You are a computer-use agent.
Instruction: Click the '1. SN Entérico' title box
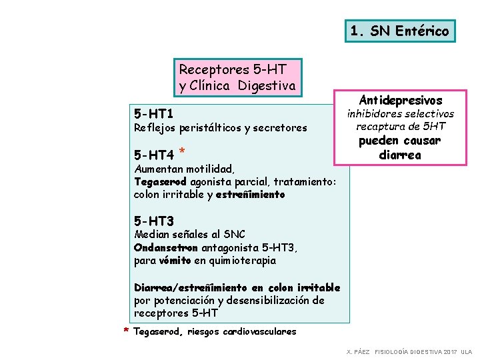point(401,31)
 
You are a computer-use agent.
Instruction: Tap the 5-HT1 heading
point(154,114)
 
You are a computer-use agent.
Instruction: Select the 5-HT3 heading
point(154,221)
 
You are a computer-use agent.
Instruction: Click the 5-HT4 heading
point(154,155)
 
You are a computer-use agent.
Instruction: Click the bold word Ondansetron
point(161,247)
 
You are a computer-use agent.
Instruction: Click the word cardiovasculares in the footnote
point(259,331)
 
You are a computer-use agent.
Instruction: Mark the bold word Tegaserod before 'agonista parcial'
point(161,182)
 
